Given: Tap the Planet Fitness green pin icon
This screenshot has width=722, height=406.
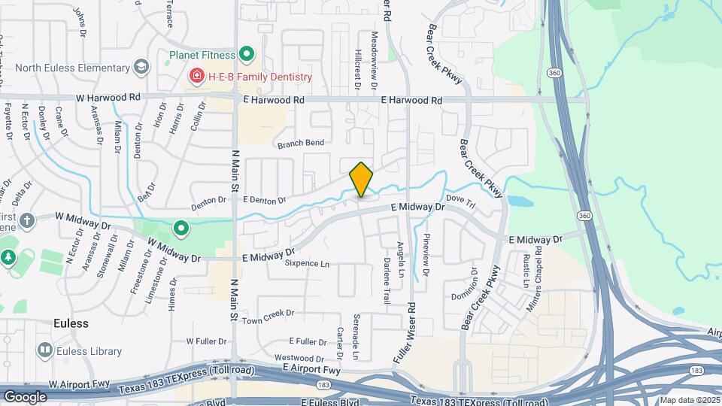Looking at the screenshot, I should [x=246, y=54].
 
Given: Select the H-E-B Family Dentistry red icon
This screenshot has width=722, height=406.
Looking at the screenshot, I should [x=196, y=77].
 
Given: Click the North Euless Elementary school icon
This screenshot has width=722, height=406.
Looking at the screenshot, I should [x=140, y=68].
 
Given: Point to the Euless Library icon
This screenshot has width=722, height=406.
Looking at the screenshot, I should [x=44, y=350].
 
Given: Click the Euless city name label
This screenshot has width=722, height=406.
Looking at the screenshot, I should [x=71, y=323].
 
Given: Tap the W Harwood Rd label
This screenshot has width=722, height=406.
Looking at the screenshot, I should [x=108, y=98].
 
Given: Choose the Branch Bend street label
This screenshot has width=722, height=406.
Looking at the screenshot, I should [x=301, y=143].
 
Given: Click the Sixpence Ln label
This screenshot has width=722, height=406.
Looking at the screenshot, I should [x=307, y=264].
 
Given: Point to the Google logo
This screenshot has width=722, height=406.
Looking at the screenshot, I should [x=25, y=396].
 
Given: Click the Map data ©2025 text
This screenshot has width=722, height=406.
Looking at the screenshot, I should [x=689, y=399].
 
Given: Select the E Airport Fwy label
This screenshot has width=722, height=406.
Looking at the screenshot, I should [x=311, y=369].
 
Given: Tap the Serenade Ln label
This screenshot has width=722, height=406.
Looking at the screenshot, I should [x=356, y=336].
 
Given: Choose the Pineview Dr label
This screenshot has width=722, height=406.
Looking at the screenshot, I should [x=426, y=256].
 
